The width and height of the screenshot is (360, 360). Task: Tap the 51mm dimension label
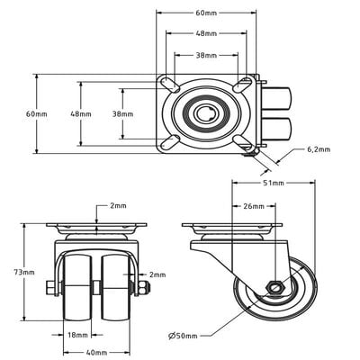click(x=274, y=183)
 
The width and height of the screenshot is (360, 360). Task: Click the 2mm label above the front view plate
click(x=118, y=206)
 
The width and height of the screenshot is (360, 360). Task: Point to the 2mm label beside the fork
click(x=157, y=274)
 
